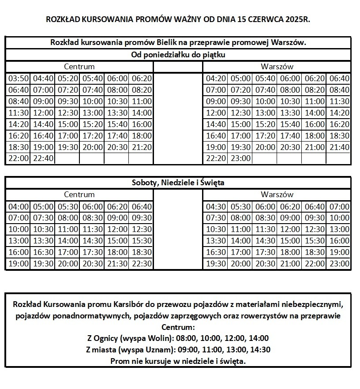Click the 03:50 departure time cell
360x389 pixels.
click(19, 79)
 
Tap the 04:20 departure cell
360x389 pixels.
click(216, 79)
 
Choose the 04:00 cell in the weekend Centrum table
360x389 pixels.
click(19, 206)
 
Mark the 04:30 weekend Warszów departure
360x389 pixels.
click(216, 206)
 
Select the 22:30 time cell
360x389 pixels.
click(142, 264)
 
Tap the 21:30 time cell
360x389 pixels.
click(117, 264)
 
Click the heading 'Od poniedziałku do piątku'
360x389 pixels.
click(179, 55)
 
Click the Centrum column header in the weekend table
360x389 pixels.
click(79, 194)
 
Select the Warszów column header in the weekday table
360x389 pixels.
click(277, 67)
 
